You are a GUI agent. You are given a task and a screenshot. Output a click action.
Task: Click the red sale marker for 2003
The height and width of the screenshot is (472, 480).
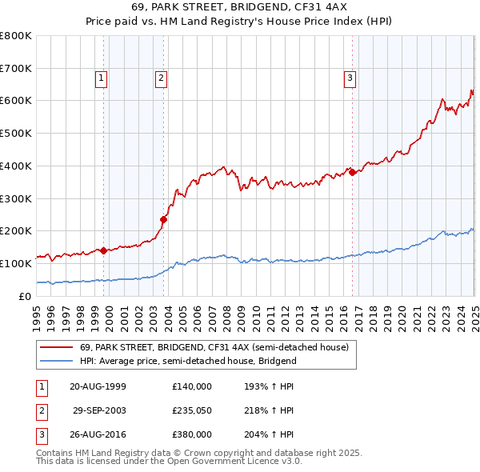(x=163, y=219)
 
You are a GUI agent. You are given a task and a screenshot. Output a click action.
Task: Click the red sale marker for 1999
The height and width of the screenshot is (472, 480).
(x=104, y=250)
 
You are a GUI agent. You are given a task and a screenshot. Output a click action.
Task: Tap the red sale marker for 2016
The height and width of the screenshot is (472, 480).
(x=352, y=171)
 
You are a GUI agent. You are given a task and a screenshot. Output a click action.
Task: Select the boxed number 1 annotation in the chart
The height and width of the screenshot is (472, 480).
(x=102, y=78)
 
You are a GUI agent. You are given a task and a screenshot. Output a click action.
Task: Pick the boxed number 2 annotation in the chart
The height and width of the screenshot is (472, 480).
(x=161, y=78)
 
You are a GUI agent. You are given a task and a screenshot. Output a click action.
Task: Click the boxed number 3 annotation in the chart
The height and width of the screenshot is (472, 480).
(x=350, y=78)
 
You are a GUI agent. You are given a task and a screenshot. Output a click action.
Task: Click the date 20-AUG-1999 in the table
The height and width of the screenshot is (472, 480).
(x=98, y=386)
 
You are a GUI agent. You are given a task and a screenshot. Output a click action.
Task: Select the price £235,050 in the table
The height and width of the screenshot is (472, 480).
(x=191, y=410)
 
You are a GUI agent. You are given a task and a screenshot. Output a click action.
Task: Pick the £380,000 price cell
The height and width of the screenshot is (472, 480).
(x=191, y=435)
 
